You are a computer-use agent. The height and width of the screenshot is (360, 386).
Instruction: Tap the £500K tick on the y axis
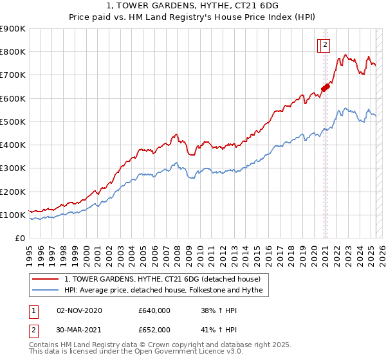click(x=12, y=122)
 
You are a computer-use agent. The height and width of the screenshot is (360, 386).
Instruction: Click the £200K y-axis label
click(x=12, y=192)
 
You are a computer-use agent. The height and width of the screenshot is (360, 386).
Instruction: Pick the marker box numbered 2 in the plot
click(x=326, y=44)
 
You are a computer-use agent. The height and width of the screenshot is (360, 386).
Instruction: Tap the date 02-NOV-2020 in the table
click(x=79, y=310)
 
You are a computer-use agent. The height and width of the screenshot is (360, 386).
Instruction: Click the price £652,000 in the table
click(x=154, y=330)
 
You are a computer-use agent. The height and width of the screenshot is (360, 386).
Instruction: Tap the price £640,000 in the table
click(x=154, y=310)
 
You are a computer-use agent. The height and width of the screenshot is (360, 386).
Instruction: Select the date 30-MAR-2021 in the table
click(x=79, y=330)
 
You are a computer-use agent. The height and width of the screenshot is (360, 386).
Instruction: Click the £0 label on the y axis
click(x=19, y=239)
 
